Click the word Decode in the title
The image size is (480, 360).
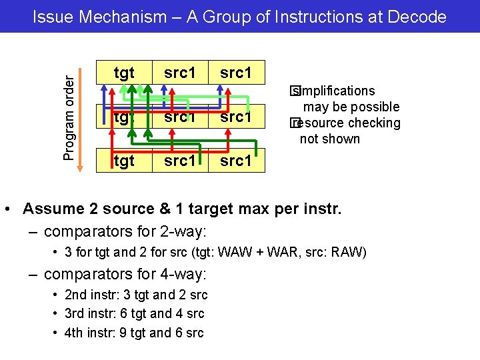pyautogui.click(x=416, y=17)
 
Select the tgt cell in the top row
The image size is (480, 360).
pyautogui.click(x=124, y=72)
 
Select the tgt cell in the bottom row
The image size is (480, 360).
pyautogui.click(x=124, y=161)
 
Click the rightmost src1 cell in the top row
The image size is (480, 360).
pyautogui.click(x=236, y=72)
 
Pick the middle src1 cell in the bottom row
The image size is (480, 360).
pyautogui.click(x=180, y=161)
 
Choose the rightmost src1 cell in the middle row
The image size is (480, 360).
pyautogui.click(x=236, y=117)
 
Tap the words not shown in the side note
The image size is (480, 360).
pyautogui.click(x=329, y=139)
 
